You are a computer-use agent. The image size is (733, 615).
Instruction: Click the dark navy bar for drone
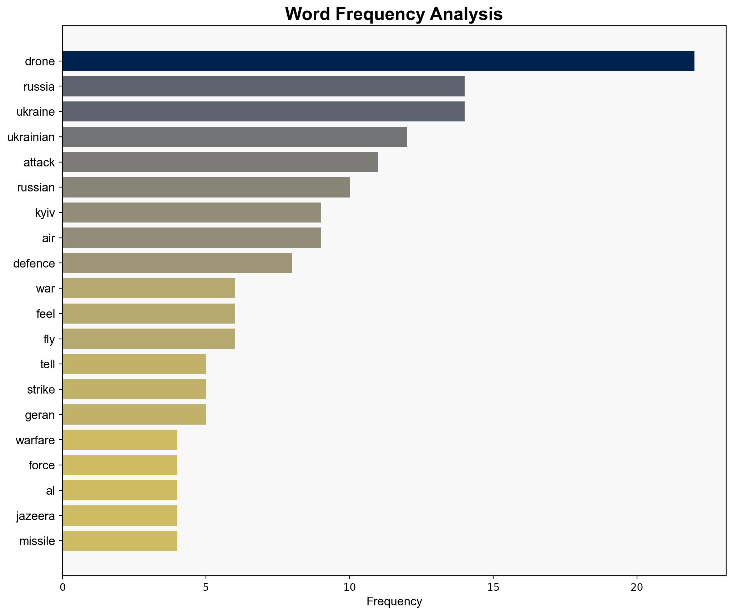pyautogui.click(x=378, y=61)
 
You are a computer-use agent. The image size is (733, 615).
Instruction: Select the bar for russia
pyautogui.click(x=263, y=86)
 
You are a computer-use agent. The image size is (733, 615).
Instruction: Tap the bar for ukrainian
pyautogui.click(x=235, y=137)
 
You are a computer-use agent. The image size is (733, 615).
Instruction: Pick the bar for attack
pyautogui.click(x=220, y=162)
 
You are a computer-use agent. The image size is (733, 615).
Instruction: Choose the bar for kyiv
pyautogui.click(x=192, y=212)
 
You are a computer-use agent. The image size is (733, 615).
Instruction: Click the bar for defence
pyautogui.click(x=177, y=263)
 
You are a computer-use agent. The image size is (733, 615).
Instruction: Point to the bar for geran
pyautogui.click(x=134, y=415)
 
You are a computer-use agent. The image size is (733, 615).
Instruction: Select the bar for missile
pyautogui.click(x=120, y=541)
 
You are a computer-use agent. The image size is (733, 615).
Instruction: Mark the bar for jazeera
pyautogui.click(x=120, y=516)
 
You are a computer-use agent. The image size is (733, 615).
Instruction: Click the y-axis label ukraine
pyautogui.click(x=36, y=112)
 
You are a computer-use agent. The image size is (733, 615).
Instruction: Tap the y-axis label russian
pyautogui.click(x=36, y=187)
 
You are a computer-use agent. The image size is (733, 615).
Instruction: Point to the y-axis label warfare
pyautogui.click(x=35, y=440)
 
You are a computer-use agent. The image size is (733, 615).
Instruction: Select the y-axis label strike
pyautogui.click(x=41, y=389)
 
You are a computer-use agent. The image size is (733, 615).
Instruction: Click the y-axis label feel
pyautogui.click(x=46, y=314)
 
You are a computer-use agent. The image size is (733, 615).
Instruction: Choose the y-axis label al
pyautogui.click(x=50, y=491)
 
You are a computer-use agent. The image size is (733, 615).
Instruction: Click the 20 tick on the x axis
pyautogui.click(x=636, y=587)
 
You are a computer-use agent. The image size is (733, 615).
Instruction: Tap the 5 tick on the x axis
pyautogui.click(x=206, y=587)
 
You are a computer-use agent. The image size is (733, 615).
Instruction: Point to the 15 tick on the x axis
pyautogui.click(x=493, y=587)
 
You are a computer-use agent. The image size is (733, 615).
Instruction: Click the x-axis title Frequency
pyautogui.click(x=394, y=602)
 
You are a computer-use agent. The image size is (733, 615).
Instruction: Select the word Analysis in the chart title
pyautogui.click(x=466, y=14)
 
